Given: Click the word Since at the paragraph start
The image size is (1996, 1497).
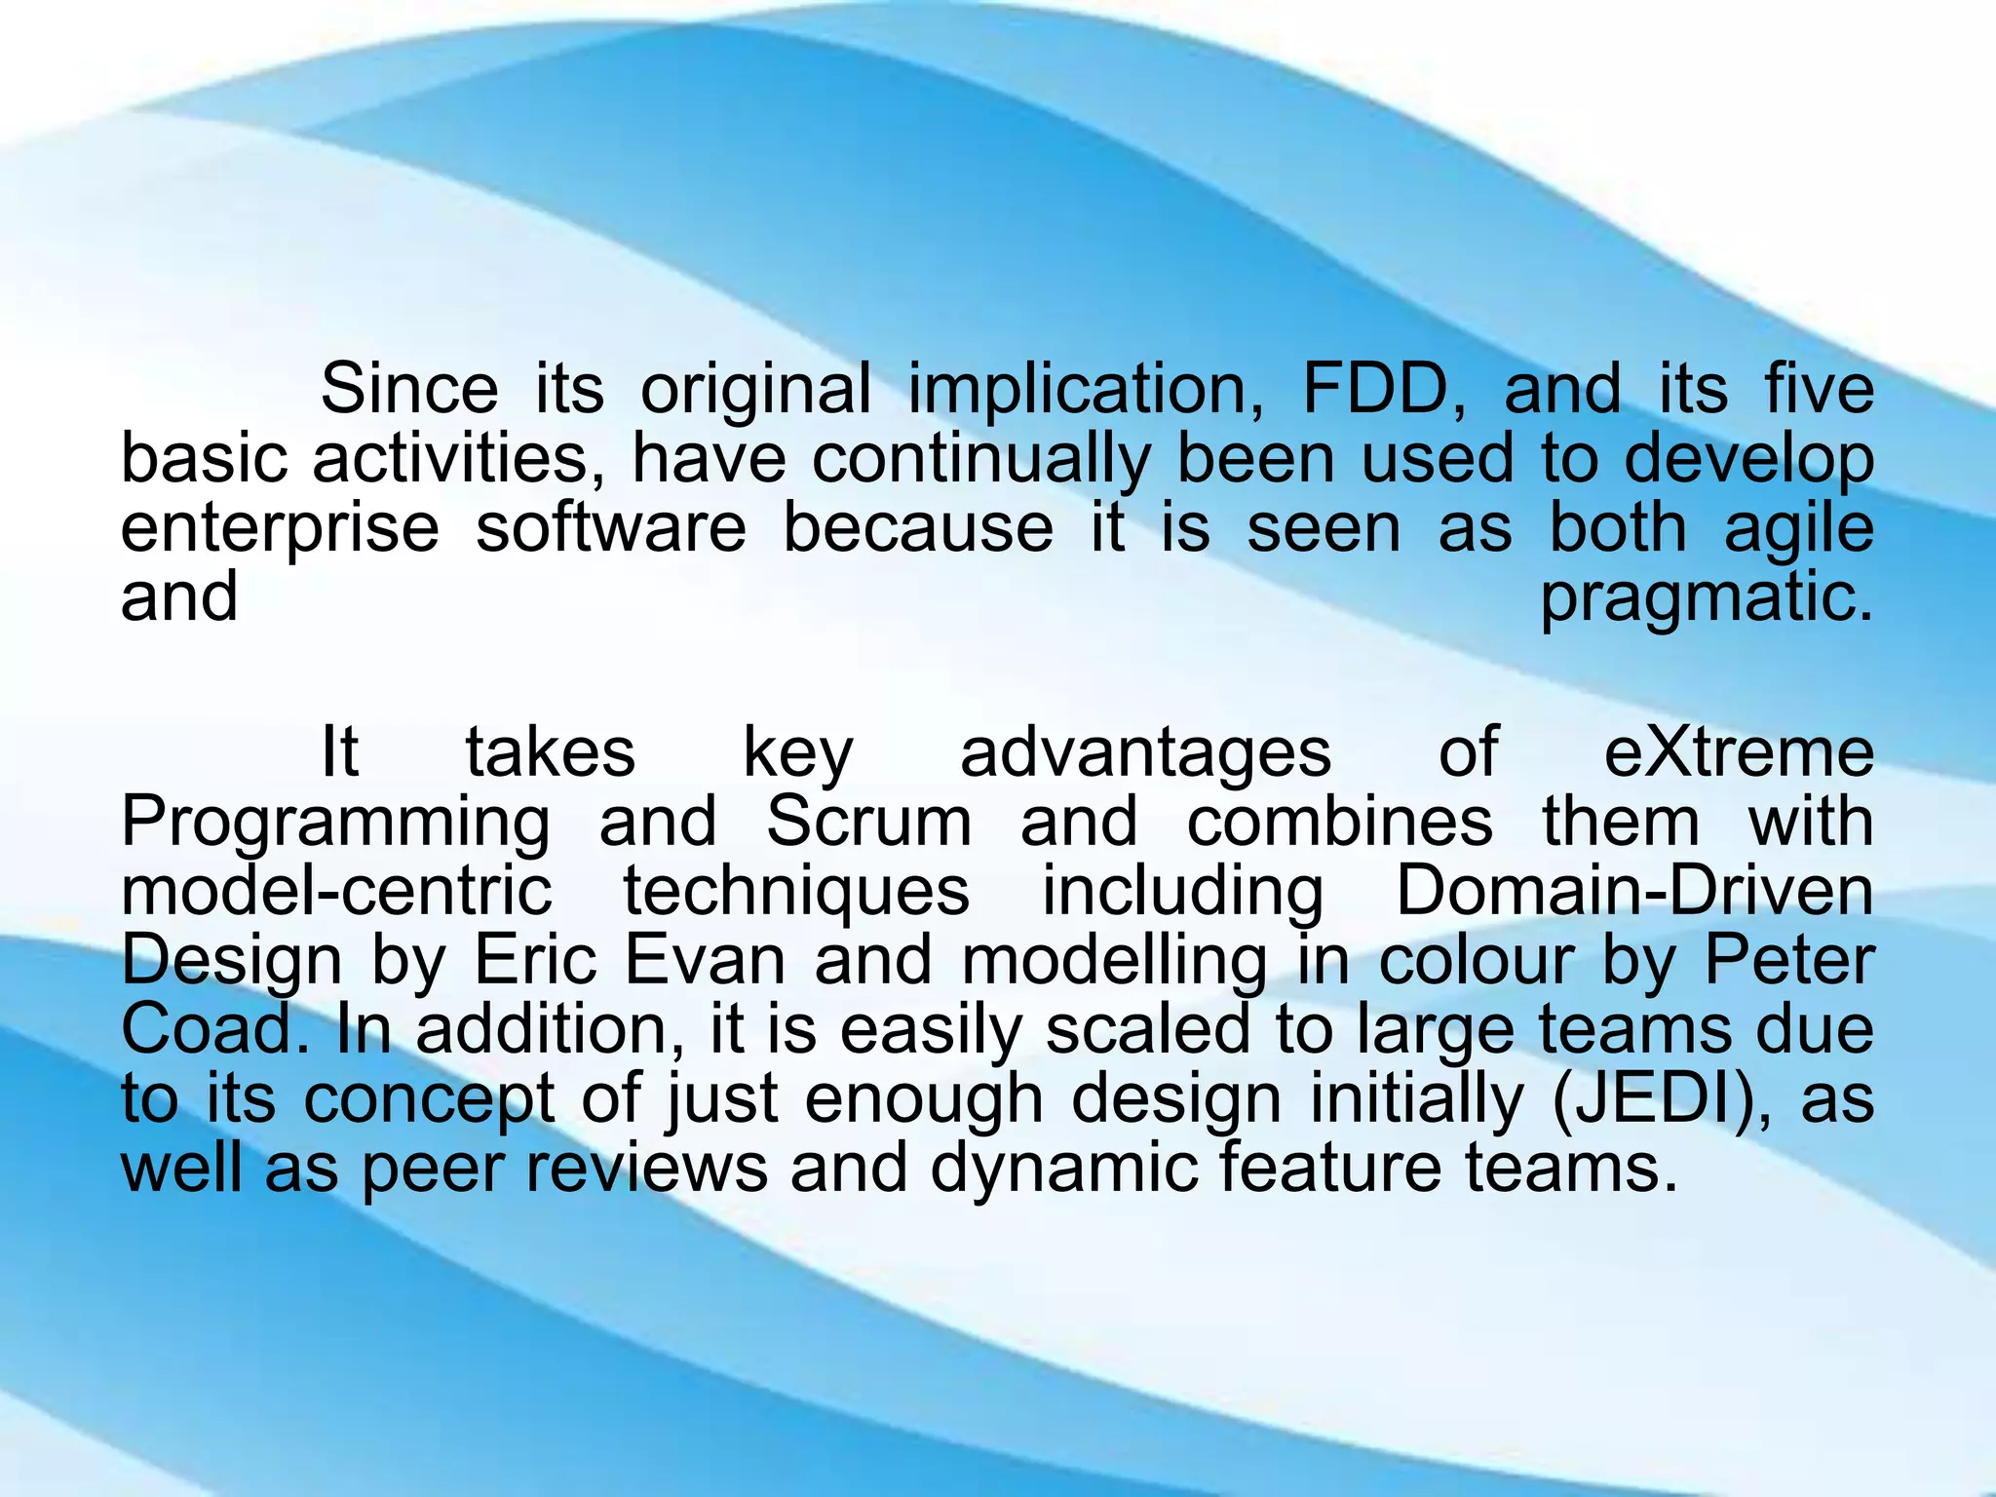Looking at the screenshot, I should pos(409,390).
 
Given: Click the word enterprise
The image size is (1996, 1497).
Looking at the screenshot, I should pos(281,529).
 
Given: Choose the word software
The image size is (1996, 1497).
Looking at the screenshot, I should pos(611,529).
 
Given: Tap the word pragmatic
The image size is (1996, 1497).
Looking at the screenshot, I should pos(1706,599).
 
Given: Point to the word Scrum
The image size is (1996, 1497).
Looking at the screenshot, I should pos(868,823).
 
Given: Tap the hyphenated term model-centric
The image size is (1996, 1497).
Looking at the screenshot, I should pos(336,892).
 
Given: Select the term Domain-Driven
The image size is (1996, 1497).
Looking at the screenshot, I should pos(1634,892).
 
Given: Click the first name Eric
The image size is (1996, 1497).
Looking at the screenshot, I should pos(535,961).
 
